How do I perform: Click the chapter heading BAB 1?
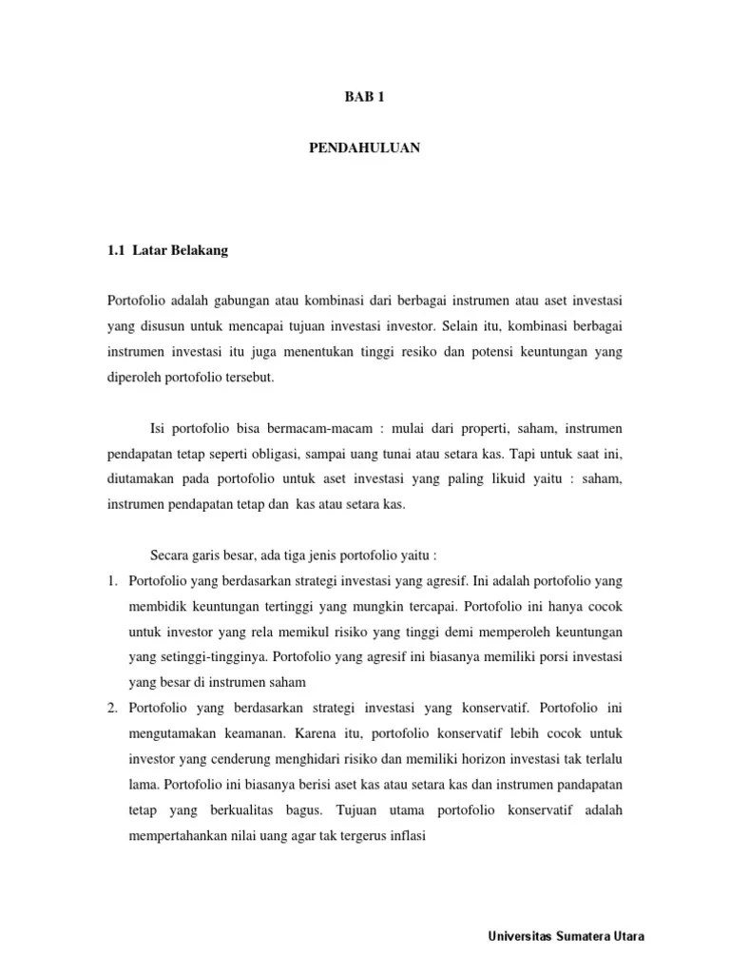364,96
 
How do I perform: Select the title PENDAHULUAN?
364,147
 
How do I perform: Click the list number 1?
111,579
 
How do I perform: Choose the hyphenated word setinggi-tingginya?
197,655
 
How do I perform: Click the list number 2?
111,707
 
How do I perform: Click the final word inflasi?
407,835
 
